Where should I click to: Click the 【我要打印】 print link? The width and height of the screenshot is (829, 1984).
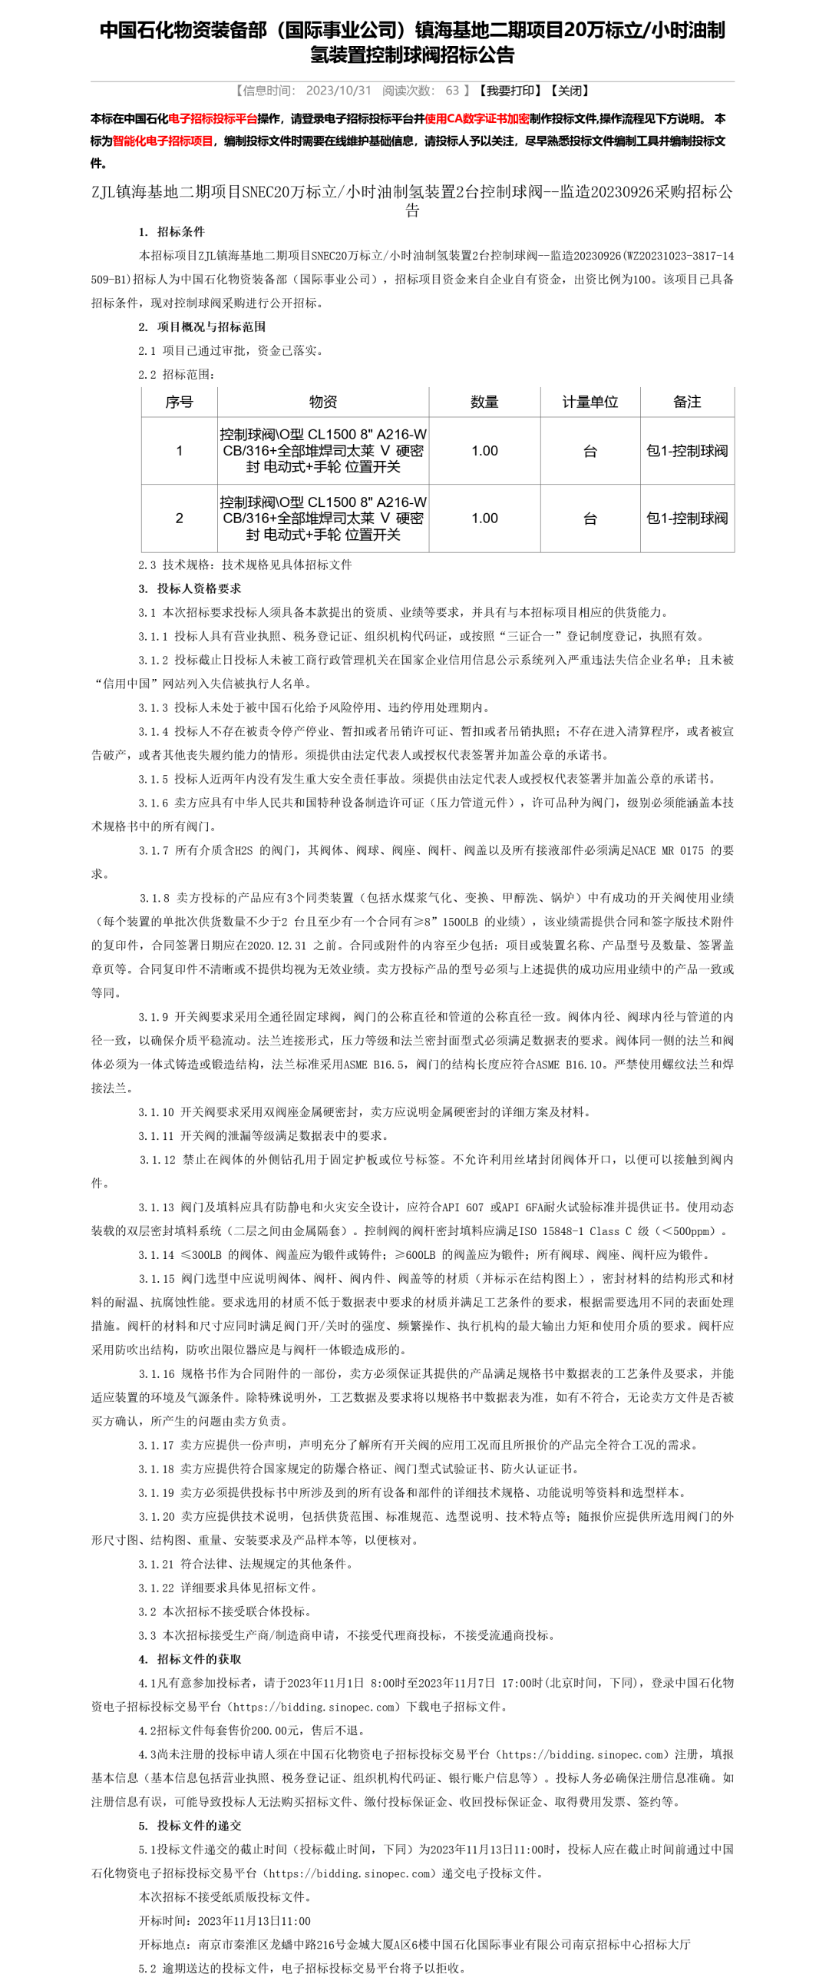[507, 91]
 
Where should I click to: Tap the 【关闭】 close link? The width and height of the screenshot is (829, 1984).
[570, 91]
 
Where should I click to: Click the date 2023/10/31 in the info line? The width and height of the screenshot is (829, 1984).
[338, 91]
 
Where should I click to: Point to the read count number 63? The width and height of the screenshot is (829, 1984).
[452, 91]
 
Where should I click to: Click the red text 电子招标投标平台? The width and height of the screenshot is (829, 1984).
[213, 118]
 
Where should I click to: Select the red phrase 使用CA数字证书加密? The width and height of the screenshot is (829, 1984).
[477, 118]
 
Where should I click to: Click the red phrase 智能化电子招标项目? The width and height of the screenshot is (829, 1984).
[163, 141]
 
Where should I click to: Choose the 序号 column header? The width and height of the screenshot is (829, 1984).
[180, 402]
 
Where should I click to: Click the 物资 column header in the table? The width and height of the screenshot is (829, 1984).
[322, 402]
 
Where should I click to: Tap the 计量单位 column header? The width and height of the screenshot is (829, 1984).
[590, 402]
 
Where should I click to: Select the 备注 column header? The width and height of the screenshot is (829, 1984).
[686, 402]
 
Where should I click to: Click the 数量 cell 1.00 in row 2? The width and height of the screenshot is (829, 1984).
[484, 518]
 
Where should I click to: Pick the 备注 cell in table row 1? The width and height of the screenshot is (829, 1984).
[686, 451]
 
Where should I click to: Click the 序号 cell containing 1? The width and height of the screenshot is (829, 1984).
[180, 451]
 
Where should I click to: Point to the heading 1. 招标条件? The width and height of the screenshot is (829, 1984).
[172, 232]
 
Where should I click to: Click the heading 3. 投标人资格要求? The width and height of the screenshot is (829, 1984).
[190, 588]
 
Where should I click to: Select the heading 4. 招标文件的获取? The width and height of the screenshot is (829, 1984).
[190, 1659]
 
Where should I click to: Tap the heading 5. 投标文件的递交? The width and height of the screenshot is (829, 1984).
[190, 1825]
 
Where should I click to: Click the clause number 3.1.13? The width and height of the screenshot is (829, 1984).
[157, 1207]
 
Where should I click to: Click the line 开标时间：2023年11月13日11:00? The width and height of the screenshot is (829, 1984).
[225, 1921]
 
